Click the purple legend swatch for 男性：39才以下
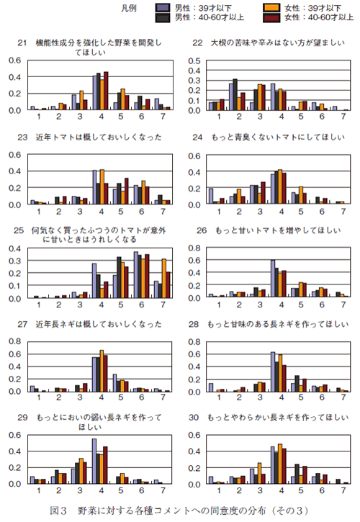[163, 7]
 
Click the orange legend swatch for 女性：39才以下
[271, 7]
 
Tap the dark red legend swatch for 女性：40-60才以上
[271, 17]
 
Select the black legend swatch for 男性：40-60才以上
[163, 17]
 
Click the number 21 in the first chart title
[22, 42]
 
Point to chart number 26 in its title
[202, 230]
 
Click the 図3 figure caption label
[58, 510]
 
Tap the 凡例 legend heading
[129, 8]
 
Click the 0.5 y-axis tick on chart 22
[194, 61]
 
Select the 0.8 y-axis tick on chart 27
[14, 341]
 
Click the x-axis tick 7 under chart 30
[343, 490]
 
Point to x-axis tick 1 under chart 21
[39, 116]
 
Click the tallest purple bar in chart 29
[94, 461]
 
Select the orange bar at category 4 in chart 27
[102, 371]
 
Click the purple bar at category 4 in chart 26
[273, 278]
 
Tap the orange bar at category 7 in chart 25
[164, 279]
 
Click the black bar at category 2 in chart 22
[235, 94]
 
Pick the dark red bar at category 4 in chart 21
[106, 91]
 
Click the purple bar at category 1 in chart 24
[210, 196]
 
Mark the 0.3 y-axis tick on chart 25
[14, 261]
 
